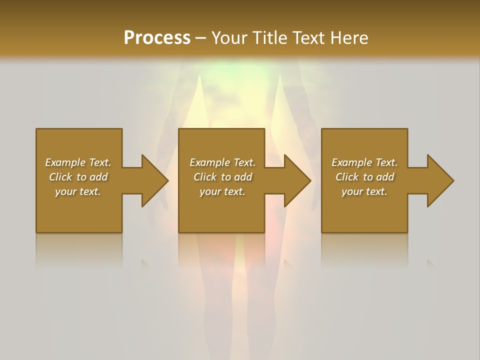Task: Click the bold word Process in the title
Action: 157,38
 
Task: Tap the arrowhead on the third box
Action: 439,180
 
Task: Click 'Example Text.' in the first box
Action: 78,162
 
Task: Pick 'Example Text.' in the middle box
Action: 222,162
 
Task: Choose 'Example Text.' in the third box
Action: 364,162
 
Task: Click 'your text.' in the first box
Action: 78,191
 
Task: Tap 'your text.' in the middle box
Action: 222,191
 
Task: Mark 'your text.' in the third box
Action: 364,191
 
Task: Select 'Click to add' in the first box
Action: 78,177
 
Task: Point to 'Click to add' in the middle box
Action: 222,177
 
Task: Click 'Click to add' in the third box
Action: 364,177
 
